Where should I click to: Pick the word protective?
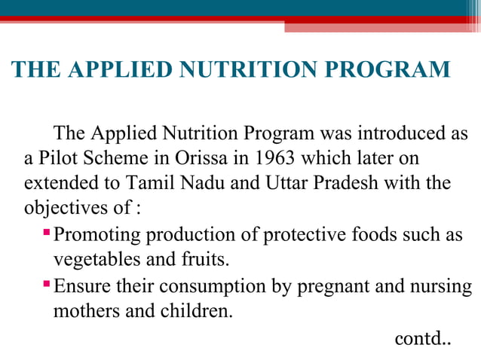[305, 234]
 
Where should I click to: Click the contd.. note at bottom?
[422, 338]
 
